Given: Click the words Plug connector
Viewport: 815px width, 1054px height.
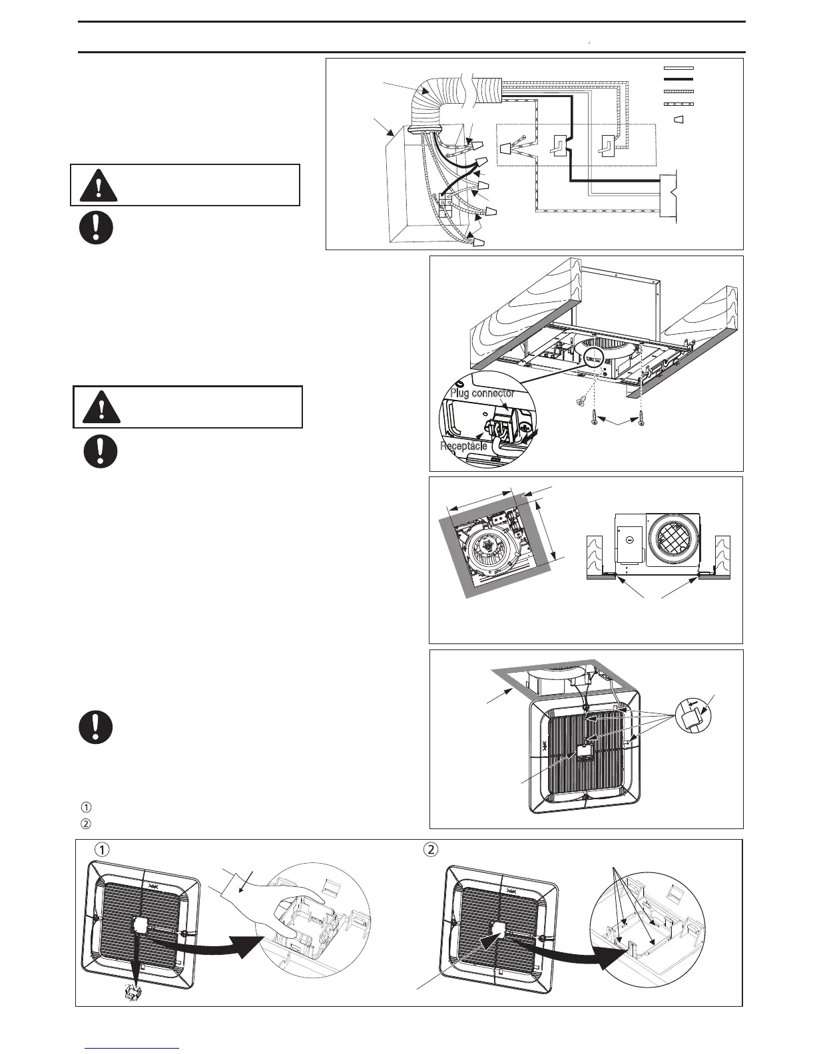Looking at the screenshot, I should tap(482, 393).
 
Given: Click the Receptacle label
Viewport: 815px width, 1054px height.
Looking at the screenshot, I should tap(463, 445).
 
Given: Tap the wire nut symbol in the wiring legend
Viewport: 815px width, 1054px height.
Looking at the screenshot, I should tap(679, 120).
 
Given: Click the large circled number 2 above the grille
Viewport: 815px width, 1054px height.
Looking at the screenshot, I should tap(431, 850).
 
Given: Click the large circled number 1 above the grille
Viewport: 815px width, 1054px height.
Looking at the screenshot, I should tap(101, 850).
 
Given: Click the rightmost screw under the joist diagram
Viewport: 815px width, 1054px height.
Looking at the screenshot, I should tap(642, 421).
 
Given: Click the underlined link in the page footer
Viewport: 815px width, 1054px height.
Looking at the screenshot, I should tap(133, 1049).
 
